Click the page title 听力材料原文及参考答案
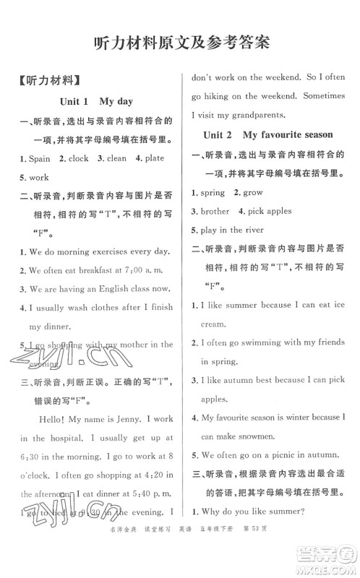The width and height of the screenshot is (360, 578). point(180,41)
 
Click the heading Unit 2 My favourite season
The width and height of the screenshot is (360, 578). point(267,134)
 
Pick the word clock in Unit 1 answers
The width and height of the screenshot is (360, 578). point(78,158)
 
